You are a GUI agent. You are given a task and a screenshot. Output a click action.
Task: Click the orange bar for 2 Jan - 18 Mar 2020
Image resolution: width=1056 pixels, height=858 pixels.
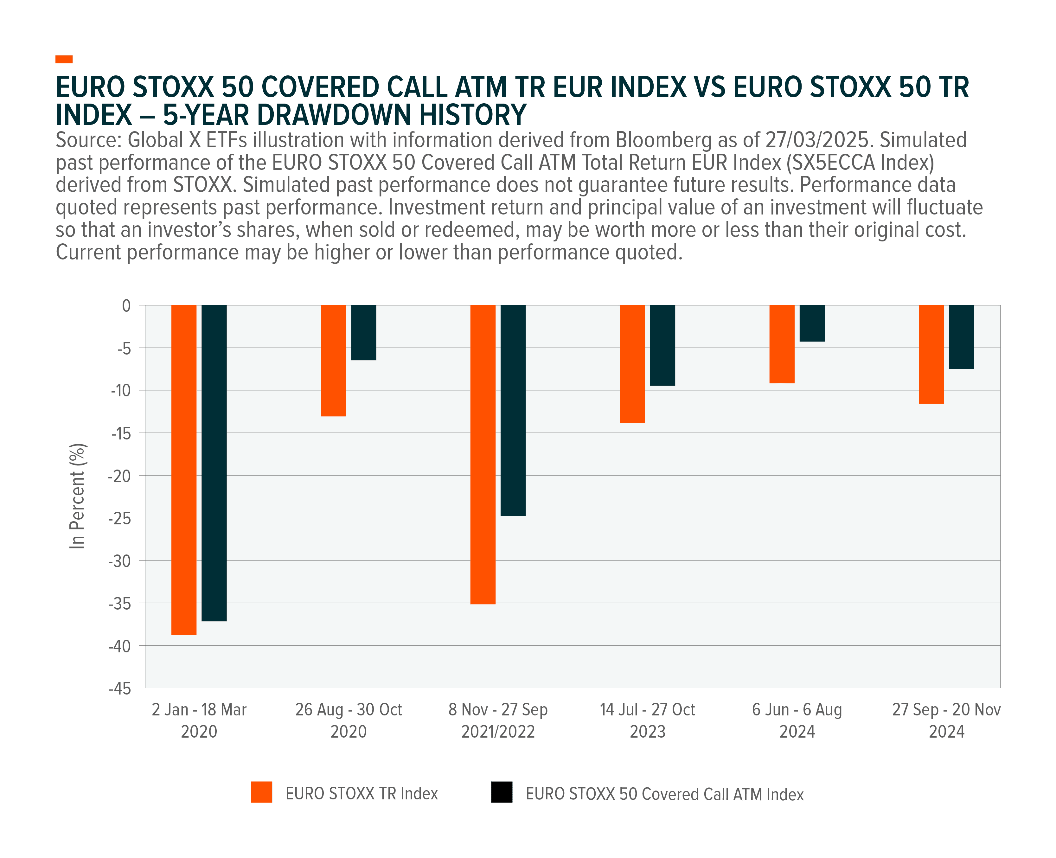coord(184,470)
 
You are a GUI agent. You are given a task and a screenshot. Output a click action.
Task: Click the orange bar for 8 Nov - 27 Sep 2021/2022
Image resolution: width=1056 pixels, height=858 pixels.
coord(483,454)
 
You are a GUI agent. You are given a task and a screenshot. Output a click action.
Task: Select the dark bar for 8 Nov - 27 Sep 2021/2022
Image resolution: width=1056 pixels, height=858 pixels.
coord(513,410)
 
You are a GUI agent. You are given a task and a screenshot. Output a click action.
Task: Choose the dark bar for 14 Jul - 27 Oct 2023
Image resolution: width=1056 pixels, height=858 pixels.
coord(663,345)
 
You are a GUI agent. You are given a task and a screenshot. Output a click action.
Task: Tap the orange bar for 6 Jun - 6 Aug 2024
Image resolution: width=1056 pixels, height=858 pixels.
coord(782,344)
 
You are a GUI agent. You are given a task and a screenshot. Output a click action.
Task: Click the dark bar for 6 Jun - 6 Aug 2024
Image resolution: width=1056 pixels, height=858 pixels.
coord(812,323)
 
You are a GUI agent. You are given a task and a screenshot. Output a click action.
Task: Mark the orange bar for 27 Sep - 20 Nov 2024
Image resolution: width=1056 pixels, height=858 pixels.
coord(931,354)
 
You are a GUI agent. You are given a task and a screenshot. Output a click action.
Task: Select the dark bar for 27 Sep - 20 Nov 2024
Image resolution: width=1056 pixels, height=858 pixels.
coord(962,336)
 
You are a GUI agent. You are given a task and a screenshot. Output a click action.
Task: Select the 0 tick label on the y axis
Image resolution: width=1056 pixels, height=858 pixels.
coord(126,305)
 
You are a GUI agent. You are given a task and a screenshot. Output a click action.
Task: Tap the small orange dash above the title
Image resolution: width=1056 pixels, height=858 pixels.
coord(64,59)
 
